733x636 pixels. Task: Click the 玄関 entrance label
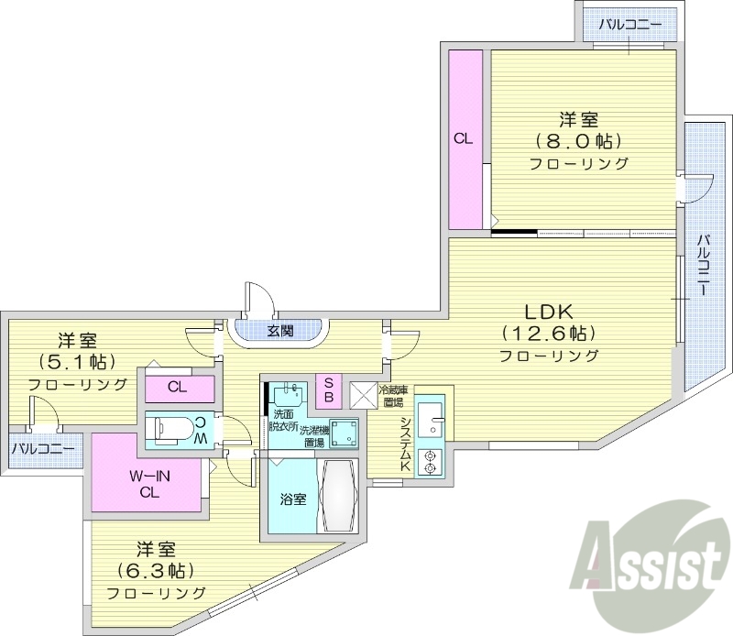click(280, 330)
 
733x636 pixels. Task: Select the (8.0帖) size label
click(579, 141)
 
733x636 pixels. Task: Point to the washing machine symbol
click(345, 433)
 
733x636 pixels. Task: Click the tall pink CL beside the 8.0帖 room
click(465, 139)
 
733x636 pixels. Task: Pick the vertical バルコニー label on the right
click(703, 266)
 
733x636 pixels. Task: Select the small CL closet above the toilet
click(178, 388)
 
